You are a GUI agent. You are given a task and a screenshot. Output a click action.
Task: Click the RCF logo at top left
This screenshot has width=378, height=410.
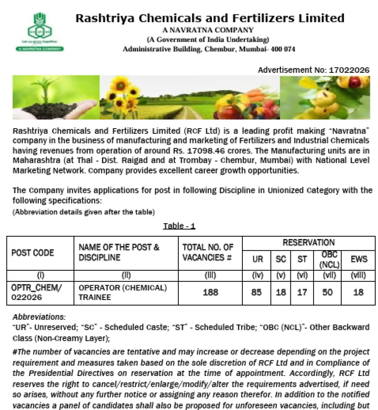pyautogui.click(x=39, y=31)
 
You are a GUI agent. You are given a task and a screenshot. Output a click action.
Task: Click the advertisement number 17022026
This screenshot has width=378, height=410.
pyautogui.click(x=349, y=70)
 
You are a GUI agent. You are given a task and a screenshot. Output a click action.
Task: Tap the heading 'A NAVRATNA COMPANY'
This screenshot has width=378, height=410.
pyautogui.click(x=208, y=30)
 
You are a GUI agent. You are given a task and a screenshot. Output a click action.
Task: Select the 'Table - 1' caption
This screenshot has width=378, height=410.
pyautogui.click(x=179, y=226)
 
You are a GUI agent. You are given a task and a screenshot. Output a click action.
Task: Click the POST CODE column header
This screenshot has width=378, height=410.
pyautogui.click(x=32, y=253)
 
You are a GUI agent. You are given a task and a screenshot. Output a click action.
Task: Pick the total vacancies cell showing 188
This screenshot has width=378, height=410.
pyautogui.click(x=210, y=292)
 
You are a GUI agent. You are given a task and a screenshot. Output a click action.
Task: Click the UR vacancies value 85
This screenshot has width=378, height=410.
pyautogui.click(x=256, y=292)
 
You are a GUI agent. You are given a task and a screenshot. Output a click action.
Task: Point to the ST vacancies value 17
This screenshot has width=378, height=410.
pyautogui.click(x=302, y=292)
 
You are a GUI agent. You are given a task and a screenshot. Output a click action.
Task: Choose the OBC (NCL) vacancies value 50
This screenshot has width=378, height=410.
pyautogui.click(x=327, y=292)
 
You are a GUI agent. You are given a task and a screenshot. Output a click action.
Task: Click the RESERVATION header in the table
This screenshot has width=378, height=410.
pyautogui.click(x=308, y=243)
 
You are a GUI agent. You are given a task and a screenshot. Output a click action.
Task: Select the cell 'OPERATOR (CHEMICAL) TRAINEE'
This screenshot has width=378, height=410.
pyautogui.click(x=122, y=292)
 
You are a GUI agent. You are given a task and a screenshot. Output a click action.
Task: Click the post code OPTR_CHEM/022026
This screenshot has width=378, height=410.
pyautogui.click(x=37, y=292)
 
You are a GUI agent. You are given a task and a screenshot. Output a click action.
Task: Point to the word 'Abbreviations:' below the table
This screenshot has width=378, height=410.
pyautogui.click(x=39, y=317)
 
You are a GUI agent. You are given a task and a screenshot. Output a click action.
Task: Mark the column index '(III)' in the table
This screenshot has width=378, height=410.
pyautogui.click(x=210, y=275)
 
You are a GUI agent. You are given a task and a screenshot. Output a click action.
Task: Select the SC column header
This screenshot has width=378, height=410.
pyautogui.click(x=281, y=259)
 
